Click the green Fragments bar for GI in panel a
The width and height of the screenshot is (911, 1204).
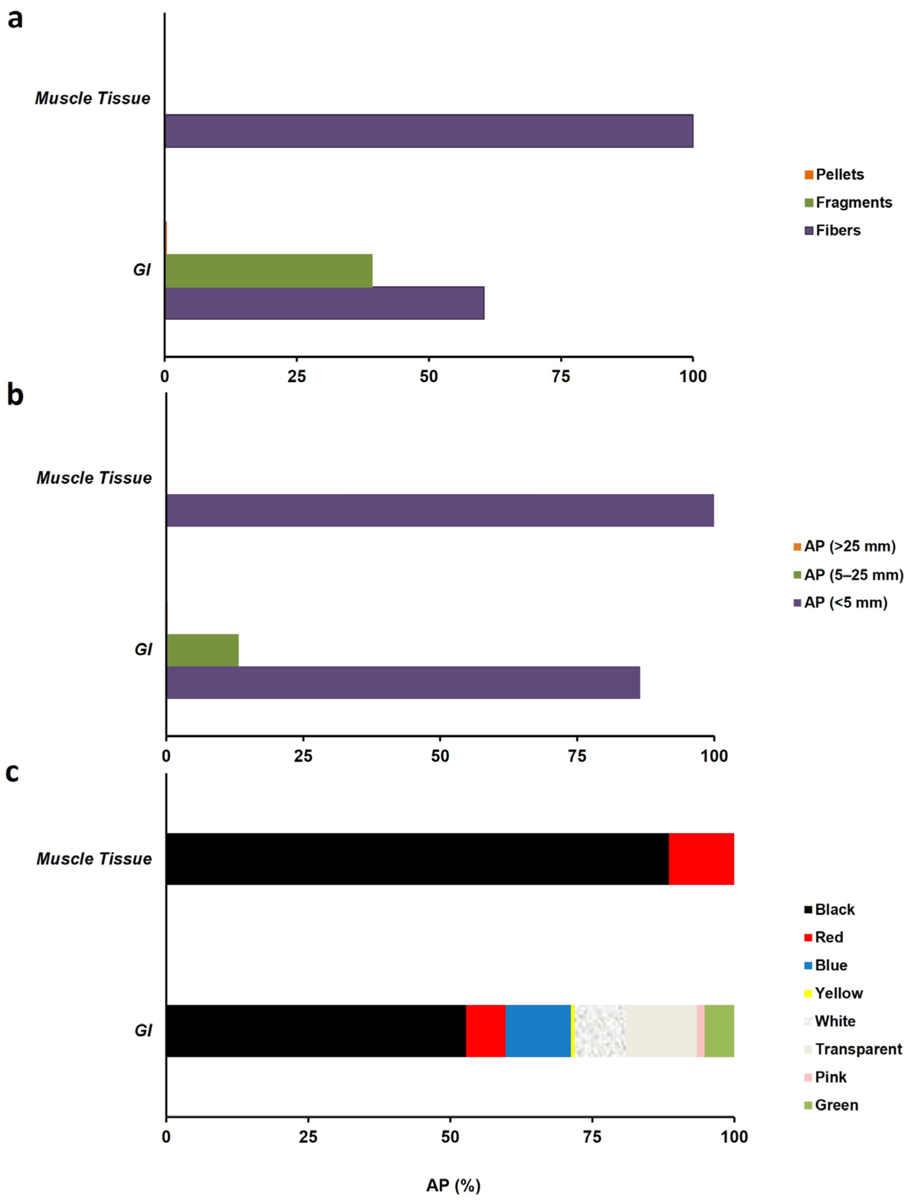pos(269,270)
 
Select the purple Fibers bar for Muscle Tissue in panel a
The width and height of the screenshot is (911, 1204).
pos(429,131)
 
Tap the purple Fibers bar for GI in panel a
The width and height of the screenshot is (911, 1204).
pos(325,303)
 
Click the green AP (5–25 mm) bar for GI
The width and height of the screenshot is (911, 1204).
pos(202,650)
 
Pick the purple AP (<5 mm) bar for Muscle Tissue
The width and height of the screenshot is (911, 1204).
pos(440,510)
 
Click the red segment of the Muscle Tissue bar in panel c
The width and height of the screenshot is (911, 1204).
pos(702,858)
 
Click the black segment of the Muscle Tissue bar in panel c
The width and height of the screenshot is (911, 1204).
pos(418,858)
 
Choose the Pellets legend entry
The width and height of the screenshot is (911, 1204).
pos(834,175)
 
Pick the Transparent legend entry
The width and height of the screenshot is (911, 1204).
pos(853,1049)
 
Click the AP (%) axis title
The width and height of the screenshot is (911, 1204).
pos(453,1185)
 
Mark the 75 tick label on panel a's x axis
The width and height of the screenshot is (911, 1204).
pos(561,376)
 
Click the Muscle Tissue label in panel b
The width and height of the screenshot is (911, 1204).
pos(94,478)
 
